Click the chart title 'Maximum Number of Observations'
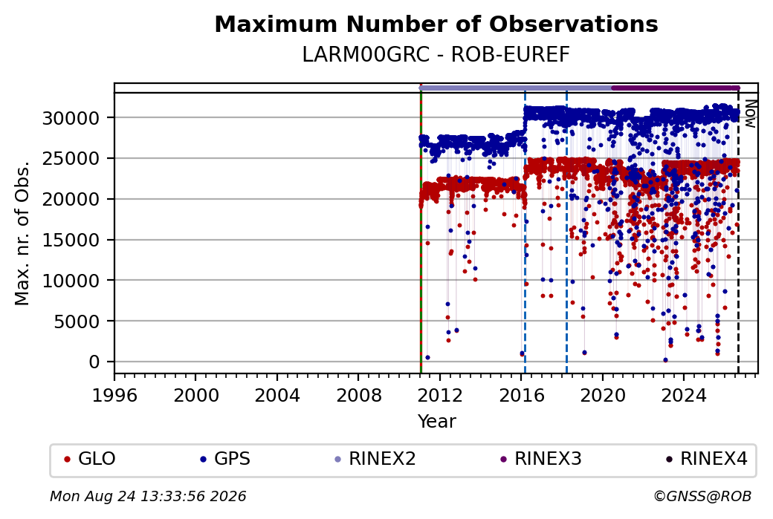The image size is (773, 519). click(436, 24)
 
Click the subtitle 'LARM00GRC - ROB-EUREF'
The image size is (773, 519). click(436, 55)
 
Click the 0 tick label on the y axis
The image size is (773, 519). click(94, 362)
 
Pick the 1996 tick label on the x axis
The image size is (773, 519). click(115, 396)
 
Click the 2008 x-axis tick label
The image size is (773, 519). click(359, 396)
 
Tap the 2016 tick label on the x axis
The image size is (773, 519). click(522, 396)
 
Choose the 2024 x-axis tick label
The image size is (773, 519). click(684, 396)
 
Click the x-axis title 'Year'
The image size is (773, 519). click(437, 422)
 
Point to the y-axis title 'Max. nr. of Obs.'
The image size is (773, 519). click(22, 233)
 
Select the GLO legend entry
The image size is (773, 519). click(90, 459)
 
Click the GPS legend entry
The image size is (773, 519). click(225, 459)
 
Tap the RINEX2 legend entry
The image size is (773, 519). click(375, 459)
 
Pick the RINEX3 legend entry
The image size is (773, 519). click(541, 459)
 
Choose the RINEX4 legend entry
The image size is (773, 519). click(706, 459)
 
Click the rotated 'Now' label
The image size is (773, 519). click(750, 114)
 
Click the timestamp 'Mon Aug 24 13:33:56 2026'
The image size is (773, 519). click(148, 496)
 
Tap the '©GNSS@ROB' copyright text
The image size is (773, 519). click(702, 496)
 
